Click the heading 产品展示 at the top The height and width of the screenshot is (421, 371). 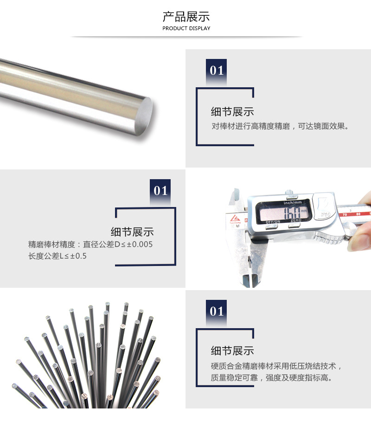tap(186, 17)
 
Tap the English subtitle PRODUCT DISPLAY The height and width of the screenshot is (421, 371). tap(186, 29)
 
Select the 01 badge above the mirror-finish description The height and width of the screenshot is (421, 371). tap(217, 71)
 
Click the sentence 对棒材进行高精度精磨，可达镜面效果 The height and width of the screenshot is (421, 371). tap(280, 126)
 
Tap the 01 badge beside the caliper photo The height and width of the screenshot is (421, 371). tap(160, 191)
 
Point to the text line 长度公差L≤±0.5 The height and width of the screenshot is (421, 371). tap(58, 256)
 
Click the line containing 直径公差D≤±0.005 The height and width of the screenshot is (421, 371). tap(90, 244)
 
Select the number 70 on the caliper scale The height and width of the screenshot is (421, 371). tap(345, 215)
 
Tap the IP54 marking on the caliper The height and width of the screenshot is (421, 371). tap(324, 215)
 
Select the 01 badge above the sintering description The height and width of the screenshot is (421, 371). tap(217, 311)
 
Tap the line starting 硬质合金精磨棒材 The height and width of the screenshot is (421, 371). tap(276, 366)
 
